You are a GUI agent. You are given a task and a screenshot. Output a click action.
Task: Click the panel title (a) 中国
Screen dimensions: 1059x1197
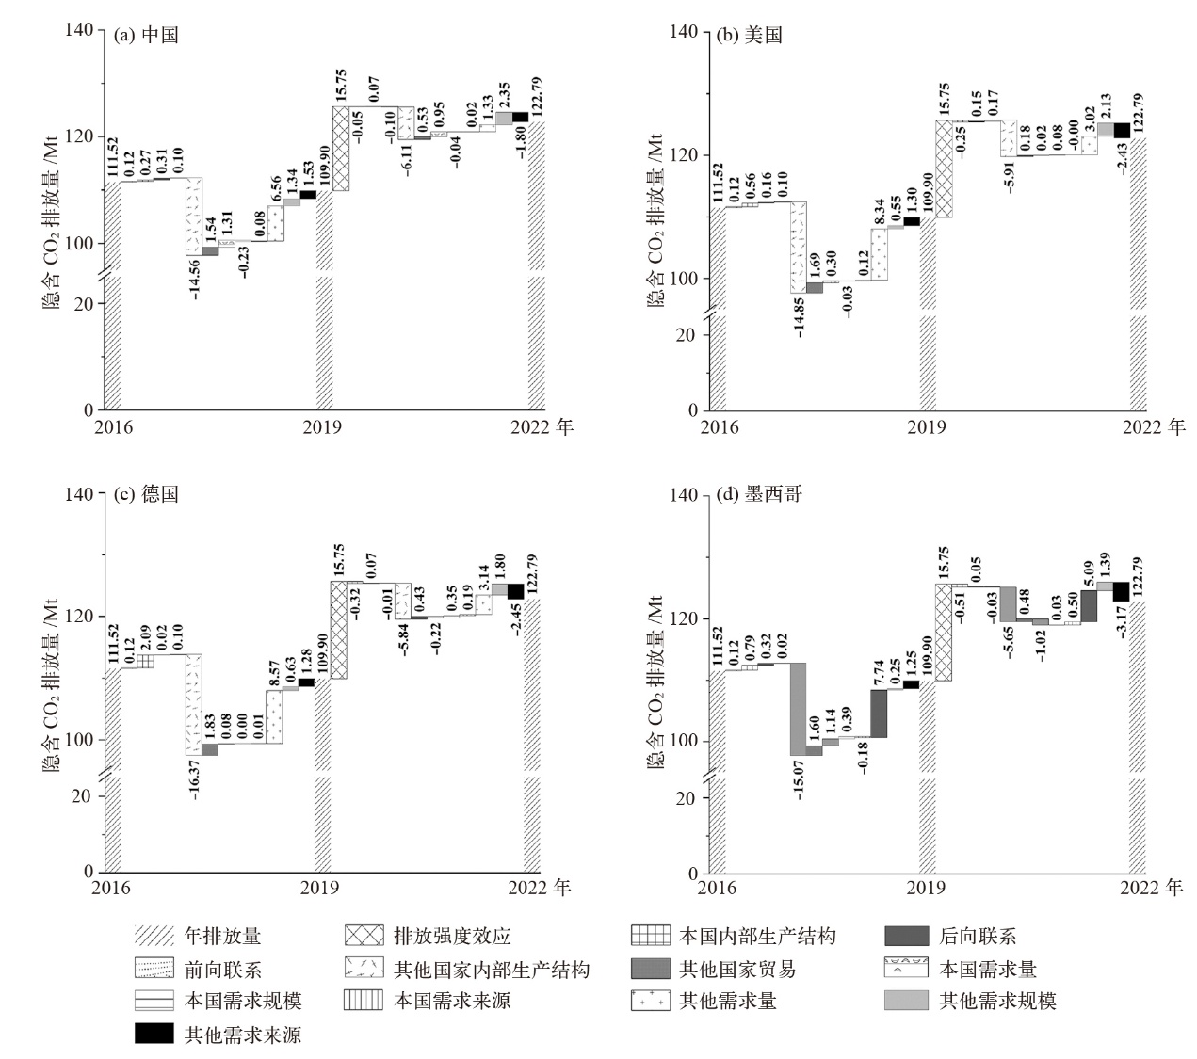(145, 36)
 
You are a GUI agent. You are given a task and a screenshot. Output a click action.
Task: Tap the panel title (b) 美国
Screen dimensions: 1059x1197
(750, 36)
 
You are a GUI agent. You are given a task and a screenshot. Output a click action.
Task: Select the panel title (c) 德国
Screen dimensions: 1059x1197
(145, 494)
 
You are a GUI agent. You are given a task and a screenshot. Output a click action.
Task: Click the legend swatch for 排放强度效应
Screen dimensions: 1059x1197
(364, 936)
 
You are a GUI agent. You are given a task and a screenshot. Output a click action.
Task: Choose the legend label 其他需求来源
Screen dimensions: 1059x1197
(243, 1035)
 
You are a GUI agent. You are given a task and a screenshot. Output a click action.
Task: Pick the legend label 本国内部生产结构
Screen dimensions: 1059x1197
(757, 936)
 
